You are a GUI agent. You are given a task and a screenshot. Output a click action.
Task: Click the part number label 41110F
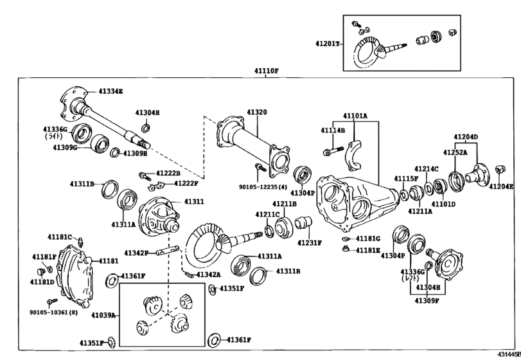(267, 71)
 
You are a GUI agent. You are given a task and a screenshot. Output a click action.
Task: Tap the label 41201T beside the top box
(327, 44)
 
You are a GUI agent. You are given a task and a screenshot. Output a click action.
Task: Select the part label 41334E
(110, 91)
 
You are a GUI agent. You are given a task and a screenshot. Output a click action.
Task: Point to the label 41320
(256, 113)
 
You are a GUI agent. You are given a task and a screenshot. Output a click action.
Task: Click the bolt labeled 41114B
(333, 151)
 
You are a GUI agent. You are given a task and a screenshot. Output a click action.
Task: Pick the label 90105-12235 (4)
(263, 187)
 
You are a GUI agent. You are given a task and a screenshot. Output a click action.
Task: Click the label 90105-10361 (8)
(53, 312)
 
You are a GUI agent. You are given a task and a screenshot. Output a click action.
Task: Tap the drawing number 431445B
(509, 355)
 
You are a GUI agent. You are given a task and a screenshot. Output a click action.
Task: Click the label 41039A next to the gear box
(103, 315)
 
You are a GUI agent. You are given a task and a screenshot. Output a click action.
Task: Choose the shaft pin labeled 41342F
(168, 250)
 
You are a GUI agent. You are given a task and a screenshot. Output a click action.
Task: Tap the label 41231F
(310, 243)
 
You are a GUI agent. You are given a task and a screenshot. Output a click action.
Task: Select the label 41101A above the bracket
(355, 116)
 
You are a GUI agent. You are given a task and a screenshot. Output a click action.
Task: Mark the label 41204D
(466, 137)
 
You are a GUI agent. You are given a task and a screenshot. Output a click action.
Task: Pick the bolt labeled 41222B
(145, 175)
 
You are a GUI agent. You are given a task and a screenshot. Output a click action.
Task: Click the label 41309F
(427, 301)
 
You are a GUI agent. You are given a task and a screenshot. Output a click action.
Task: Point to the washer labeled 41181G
(346, 239)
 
